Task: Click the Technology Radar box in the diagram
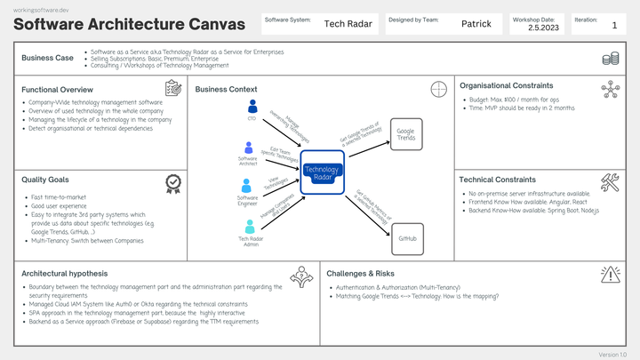click(x=321, y=172)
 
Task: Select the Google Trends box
click(x=405, y=134)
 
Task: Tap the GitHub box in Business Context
click(x=407, y=239)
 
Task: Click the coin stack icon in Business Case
click(x=610, y=60)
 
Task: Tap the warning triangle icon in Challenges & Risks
click(x=610, y=276)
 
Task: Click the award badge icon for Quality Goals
click(x=173, y=183)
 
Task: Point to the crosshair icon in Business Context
click(x=437, y=89)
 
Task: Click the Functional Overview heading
click(x=57, y=90)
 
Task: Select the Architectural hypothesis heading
click(x=64, y=274)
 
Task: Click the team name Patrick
click(x=476, y=24)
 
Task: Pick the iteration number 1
click(x=614, y=27)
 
